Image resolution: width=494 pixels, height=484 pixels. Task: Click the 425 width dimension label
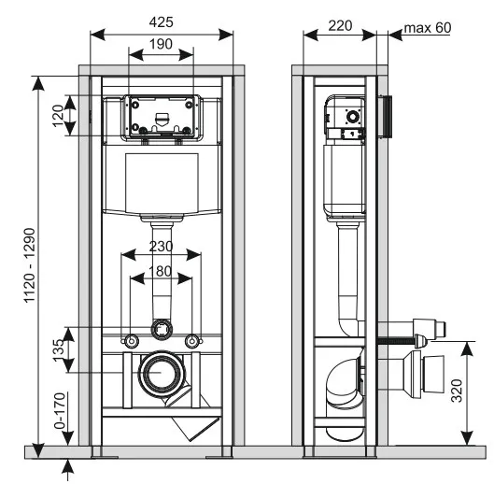tap(161, 22)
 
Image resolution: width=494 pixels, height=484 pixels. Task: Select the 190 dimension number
tap(161, 44)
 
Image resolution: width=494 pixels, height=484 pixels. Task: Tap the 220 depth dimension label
tap(340, 26)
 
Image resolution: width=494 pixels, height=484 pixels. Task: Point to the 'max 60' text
tap(428, 28)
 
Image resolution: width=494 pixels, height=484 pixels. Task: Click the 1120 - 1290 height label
tap(30, 265)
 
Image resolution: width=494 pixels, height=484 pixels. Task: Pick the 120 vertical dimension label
tap(58, 116)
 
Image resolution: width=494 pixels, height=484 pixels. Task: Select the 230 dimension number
tap(161, 247)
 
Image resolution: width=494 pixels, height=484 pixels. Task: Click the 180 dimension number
tap(161, 271)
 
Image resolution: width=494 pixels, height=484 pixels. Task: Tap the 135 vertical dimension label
tap(59, 350)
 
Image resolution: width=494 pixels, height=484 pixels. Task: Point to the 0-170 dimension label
tap(60, 410)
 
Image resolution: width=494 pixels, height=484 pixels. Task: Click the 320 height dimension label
tap(457, 391)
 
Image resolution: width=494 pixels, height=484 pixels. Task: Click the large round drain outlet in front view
tap(161, 373)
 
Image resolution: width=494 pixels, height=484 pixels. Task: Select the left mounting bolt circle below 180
tap(132, 341)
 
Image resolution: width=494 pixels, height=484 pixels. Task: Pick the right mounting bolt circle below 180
tap(191, 341)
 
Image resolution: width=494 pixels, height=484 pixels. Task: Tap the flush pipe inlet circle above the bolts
tap(162, 329)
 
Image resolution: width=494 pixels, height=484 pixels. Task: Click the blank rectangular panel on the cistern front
tap(162, 183)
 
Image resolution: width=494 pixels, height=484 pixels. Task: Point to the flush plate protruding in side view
tap(385, 117)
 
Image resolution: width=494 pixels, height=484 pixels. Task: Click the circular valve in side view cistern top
tap(353, 117)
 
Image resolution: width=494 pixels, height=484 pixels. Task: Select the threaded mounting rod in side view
tap(395, 340)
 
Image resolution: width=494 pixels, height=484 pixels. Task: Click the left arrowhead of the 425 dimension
tap(97, 35)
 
